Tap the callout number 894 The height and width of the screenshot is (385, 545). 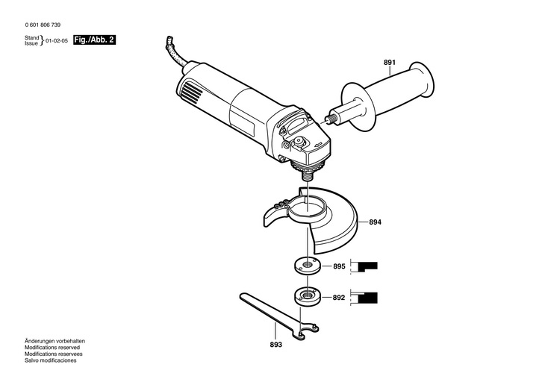pos(376,222)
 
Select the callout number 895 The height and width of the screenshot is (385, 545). pos(339,266)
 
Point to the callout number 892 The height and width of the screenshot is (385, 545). pos(339,297)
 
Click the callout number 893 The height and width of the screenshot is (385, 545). pos(275,345)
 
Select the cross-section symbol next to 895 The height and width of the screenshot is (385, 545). pos(368,266)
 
